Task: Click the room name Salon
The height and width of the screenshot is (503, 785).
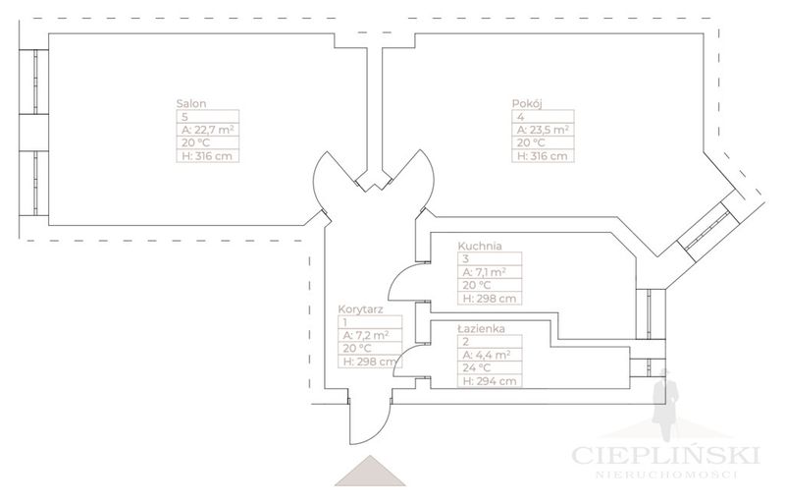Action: pyautogui.click(x=192, y=102)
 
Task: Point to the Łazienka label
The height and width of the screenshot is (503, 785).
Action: pyautogui.click(x=482, y=328)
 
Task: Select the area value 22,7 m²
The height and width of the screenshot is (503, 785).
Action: pyautogui.click(x=206, y=129)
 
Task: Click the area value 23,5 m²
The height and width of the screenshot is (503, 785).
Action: pyautogui.click(x=543, y=129)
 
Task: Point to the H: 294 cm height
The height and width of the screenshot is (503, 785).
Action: pyautogui.click(x=487, y=381)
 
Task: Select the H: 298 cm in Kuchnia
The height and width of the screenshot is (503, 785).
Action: pyautogui.click(x=488, y=299)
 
